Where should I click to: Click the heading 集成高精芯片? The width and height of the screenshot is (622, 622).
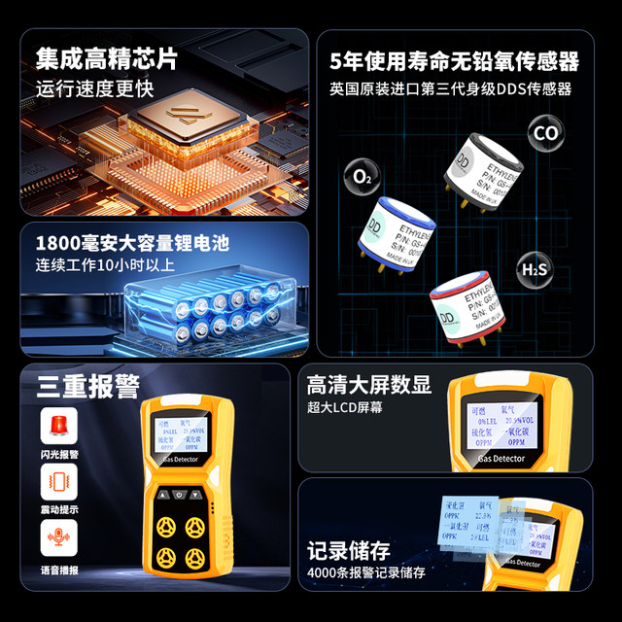click(107, 58)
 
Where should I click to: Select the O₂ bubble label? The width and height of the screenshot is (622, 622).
click(362, 178)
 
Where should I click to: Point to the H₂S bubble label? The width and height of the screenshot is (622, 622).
click(535, 269)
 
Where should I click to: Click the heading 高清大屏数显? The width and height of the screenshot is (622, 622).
click(368, 384)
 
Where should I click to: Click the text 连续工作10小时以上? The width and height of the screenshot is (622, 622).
click(106, 264)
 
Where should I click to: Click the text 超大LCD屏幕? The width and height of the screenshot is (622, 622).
click(345, 407)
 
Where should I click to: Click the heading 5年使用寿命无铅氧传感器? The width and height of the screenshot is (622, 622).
click(454, 62)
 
